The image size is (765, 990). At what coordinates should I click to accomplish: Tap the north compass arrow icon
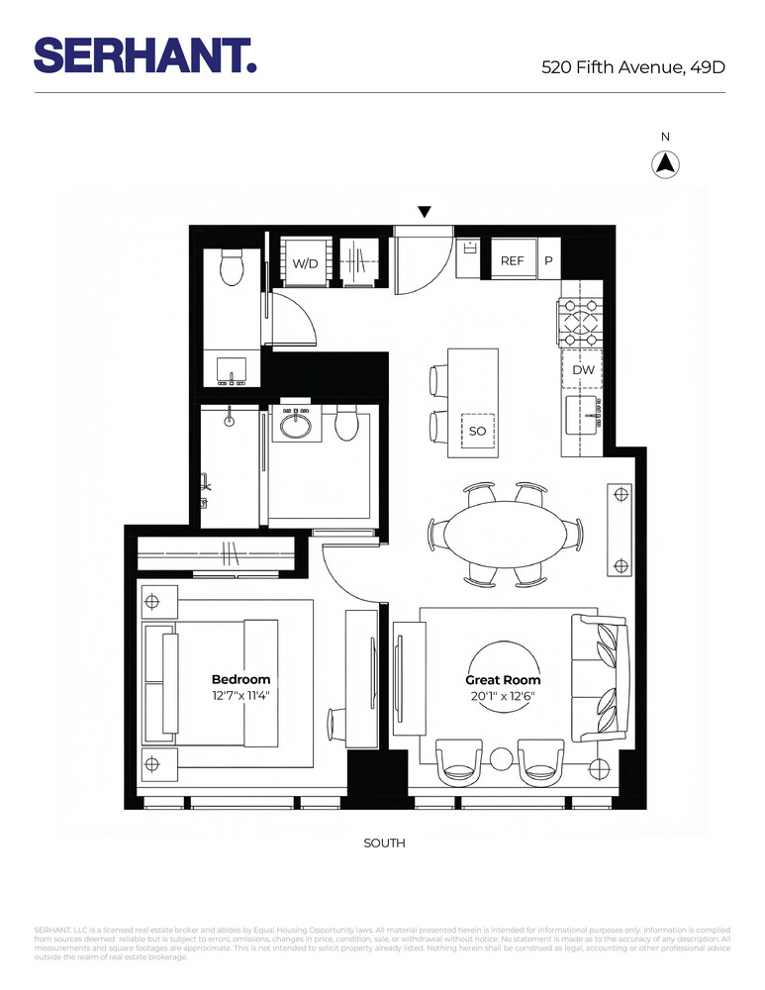coord(666,164)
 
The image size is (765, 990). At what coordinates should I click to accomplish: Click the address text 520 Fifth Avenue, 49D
coord(633,67)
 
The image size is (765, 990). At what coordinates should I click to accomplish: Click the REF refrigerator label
coord(512,261)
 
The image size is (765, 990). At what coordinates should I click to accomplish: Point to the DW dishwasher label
coord(583,369)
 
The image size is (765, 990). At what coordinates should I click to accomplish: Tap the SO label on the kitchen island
coord(477,432)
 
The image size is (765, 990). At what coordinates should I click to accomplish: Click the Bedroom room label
coord(240,679)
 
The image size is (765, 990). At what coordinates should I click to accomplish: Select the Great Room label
coord(503,680)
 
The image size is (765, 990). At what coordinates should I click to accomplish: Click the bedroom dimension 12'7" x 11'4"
coord(240,695)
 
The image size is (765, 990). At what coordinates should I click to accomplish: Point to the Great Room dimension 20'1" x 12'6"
coord(503,695)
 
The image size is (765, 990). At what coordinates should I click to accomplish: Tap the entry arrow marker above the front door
coord(425,211)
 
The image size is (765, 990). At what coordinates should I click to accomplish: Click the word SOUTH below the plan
coord(385,843)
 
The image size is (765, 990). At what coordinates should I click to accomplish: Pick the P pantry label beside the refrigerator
coord(548,261)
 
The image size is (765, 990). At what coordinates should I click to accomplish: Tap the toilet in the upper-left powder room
coord(233,268)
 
